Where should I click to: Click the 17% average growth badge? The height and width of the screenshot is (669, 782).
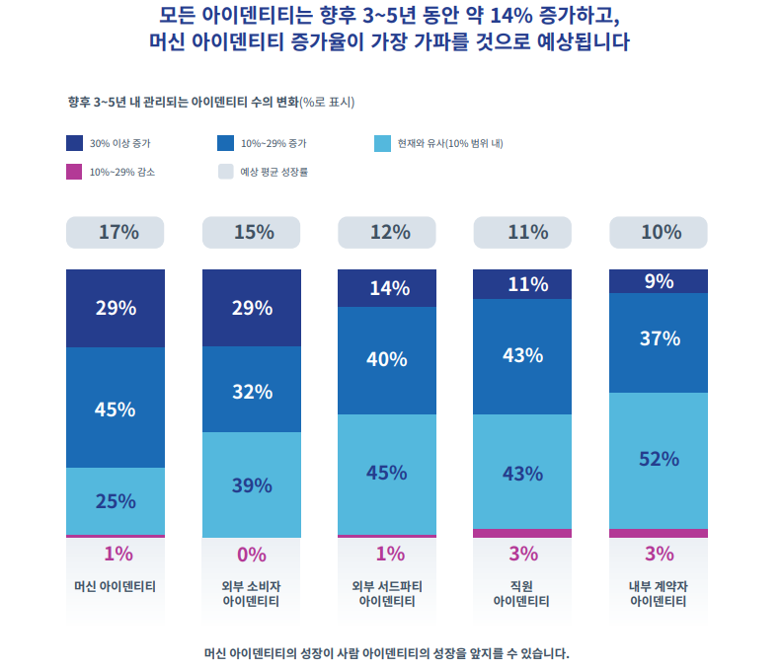116,233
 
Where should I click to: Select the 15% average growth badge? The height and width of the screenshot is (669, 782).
252,233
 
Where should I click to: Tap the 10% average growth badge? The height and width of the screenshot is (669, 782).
659,233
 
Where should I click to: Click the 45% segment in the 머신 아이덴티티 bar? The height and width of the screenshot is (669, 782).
116,409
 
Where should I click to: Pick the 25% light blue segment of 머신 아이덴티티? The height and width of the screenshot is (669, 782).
116,500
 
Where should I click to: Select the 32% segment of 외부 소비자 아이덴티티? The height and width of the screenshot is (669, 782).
252,390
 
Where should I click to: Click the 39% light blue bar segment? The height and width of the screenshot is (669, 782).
252,484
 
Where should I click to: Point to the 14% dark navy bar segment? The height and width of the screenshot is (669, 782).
387,288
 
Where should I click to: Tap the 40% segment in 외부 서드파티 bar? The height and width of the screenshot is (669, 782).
387,360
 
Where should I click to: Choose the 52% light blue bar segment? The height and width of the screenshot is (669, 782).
659,460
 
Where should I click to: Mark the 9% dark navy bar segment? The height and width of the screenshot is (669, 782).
659,281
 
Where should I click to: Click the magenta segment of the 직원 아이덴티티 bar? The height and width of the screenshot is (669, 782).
523,533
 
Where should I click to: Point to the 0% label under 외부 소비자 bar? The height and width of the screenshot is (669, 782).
252,554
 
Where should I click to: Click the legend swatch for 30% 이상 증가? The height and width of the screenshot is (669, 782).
74,143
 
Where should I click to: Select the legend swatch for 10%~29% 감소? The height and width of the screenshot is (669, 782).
74,171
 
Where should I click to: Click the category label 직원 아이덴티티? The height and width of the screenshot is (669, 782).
523,593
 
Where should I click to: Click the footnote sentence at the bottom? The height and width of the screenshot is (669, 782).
387,653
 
